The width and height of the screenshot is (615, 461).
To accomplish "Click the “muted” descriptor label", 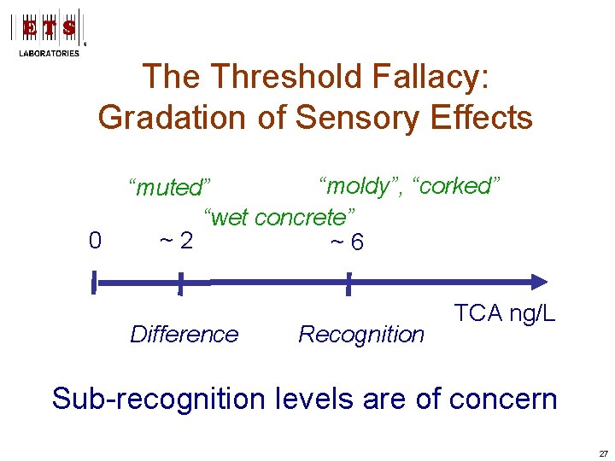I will click(168, 187).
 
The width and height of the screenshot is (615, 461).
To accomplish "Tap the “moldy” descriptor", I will click(360, 185).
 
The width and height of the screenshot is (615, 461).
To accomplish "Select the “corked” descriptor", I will click(456, 185).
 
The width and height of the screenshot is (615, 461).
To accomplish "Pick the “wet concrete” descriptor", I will click(279, 216).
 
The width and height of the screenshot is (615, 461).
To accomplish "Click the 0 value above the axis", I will click(95, 242).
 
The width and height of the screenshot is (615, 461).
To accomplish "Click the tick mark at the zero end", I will click(95, 282).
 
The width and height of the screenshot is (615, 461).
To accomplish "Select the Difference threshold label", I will click(184, 335).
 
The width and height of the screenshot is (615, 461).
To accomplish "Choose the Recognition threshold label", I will click(361, 335).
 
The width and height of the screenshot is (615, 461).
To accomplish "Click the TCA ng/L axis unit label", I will click(504, 313).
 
